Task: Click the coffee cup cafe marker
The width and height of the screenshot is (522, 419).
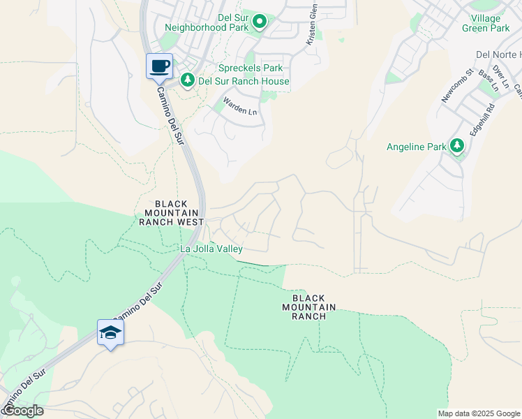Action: coord(159,66)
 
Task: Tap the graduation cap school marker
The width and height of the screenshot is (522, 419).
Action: coord(110,332)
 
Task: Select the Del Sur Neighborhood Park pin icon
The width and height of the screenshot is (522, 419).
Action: coord(260,22)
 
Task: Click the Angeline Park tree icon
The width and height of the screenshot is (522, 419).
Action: coord(457,146)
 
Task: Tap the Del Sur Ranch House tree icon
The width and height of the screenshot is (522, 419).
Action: coord(187,81)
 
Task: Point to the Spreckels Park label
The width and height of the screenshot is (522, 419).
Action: coord(251,68)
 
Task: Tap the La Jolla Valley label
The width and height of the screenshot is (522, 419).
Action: coord(211,249)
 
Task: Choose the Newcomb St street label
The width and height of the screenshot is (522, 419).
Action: coord(458,86)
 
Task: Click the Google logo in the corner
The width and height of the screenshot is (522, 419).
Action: coord(22,411)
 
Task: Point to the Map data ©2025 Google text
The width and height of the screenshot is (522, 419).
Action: coord(479,413)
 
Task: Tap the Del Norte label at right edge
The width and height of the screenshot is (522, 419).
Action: coord(498,54)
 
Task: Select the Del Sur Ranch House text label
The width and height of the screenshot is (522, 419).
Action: coord(244,81)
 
